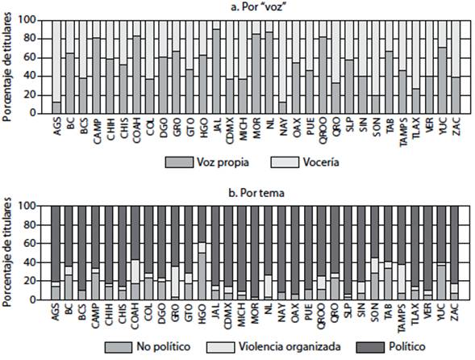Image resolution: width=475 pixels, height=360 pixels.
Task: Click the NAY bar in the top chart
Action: point(282,107)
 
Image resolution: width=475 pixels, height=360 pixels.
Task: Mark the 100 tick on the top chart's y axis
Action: point(34,19)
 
